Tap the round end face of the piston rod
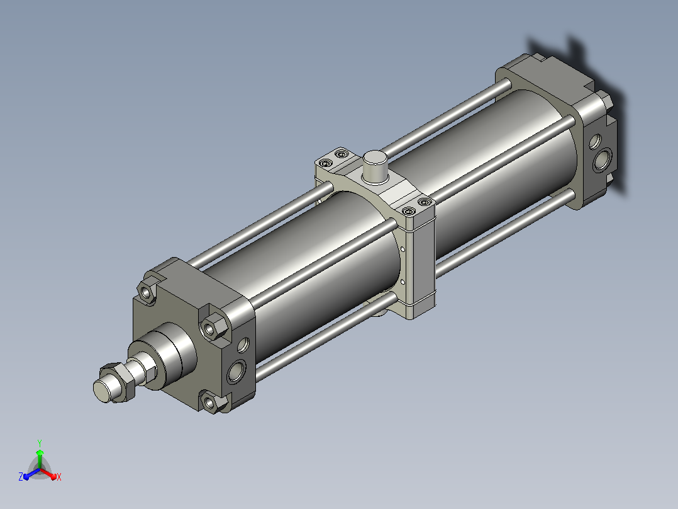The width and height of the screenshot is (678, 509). pyautogui.click(x=102, y=391)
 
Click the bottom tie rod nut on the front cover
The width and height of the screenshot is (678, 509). pyautogui.click(x=212, y=401)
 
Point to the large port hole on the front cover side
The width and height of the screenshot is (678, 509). pyautogui.click(x=236, y=371)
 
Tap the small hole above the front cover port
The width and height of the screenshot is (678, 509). pyautogui.click(x=243, y=345)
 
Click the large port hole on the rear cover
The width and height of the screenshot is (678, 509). pyautogui.click(x=602, y=159)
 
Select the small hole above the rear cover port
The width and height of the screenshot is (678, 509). pyautogui.click(x=595, y=141)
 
